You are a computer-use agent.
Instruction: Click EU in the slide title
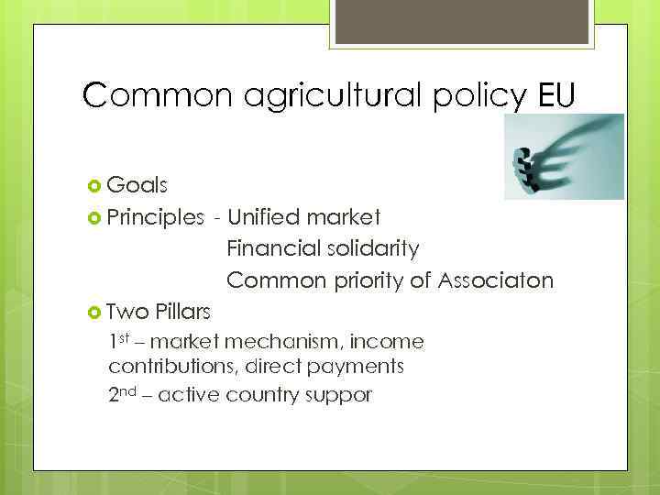pos(550,95)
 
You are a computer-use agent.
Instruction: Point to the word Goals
pos(137,186)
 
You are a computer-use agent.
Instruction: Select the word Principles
pos(156,217)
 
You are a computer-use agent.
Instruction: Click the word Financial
pos(273,248)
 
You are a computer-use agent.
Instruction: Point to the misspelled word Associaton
pos(495,280)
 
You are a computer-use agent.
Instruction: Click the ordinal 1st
pos(119,342)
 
